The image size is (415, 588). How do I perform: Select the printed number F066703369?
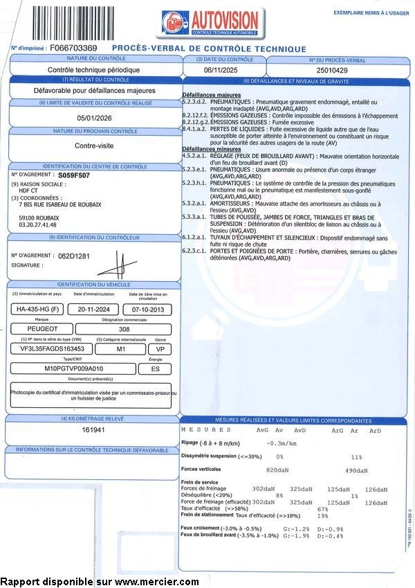click(74, 48)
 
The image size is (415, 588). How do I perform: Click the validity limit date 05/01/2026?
click(95, 118)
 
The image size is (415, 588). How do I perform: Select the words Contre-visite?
click(95, 146)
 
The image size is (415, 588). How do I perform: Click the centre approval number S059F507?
click(74, 176)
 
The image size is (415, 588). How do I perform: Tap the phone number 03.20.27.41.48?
click(38, 224)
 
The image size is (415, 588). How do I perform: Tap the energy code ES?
click(155, 369)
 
